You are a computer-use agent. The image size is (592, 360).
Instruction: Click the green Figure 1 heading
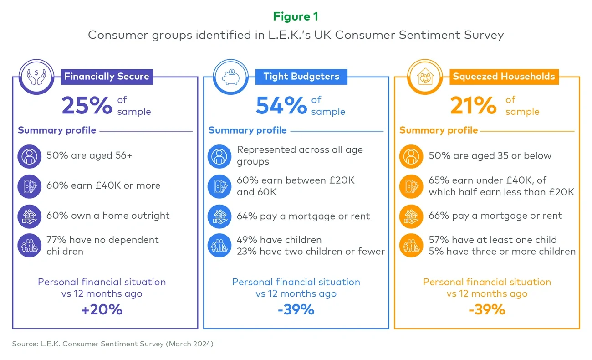pos(296,17)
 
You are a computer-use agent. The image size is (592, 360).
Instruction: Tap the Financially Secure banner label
pos(107,77)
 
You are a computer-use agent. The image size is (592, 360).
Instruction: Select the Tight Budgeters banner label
pos(301,77)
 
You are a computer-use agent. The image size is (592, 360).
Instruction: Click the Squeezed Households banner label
pos(504,77)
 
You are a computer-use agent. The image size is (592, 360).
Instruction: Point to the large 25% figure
pos(87,106)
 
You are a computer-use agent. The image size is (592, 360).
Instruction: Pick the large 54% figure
pos(281,106)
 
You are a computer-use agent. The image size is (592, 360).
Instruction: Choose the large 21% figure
pos(473,106)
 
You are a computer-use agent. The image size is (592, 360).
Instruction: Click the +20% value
pos(102,310)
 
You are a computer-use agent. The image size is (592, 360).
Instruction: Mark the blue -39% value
pos(296,310)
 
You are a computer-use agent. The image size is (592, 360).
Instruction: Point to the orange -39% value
pos(487,310)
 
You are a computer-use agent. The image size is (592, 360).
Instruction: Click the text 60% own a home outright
pos(108,216)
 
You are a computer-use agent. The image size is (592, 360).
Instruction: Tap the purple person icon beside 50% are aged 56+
pos(29,156)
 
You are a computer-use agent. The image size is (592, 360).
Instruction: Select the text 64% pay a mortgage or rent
pos(303,216)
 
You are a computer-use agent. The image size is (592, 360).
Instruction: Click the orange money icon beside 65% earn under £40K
pos(411,186)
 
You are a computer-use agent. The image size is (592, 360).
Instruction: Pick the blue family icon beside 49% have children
pos(219,246)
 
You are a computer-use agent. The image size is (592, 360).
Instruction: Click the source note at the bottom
pos(112,344)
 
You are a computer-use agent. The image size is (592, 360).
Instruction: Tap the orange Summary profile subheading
pos(439,130)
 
